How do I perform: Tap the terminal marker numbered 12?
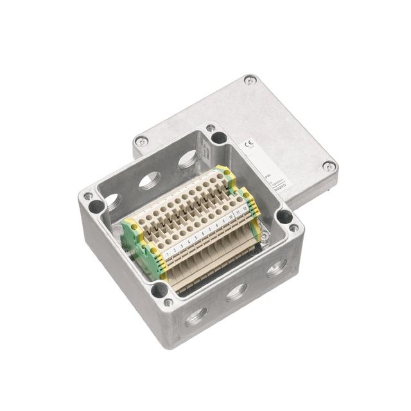pyautogui.click(x=245, y=209)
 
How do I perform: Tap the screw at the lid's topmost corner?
pyautogui.click(x=250, y=80)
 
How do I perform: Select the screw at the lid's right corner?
pyautogui.click(x=328, y=166)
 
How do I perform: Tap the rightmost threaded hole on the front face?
pyautogui.click(x=275, y=268)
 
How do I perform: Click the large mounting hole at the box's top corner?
pyautogui.click(x=219, y=137)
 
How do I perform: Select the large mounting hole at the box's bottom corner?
pyautogui.click(x=159, y=290)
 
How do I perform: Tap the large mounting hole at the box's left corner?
pyautogui.click(x=96, y=206)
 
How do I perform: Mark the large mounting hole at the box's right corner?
pyautogui.click(x=283, y=216)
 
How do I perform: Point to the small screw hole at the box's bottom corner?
pyautogui.click(x=169, y=302)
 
